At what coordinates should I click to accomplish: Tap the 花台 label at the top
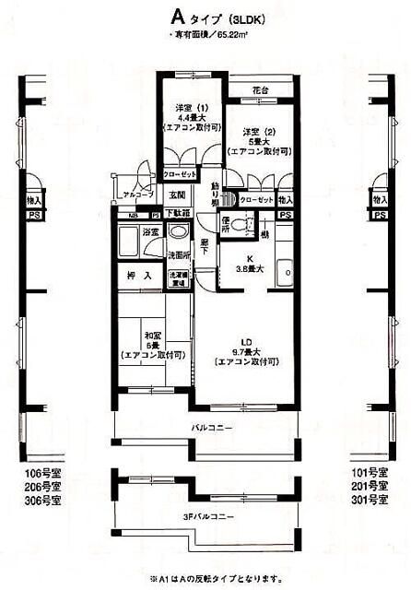263,91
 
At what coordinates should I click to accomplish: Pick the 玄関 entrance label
177,195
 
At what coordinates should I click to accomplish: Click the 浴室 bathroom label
151,230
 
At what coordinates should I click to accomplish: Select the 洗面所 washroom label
178,254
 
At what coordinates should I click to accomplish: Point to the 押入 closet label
138,275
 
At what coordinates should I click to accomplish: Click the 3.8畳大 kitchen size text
248,269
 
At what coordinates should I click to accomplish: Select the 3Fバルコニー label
208,516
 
